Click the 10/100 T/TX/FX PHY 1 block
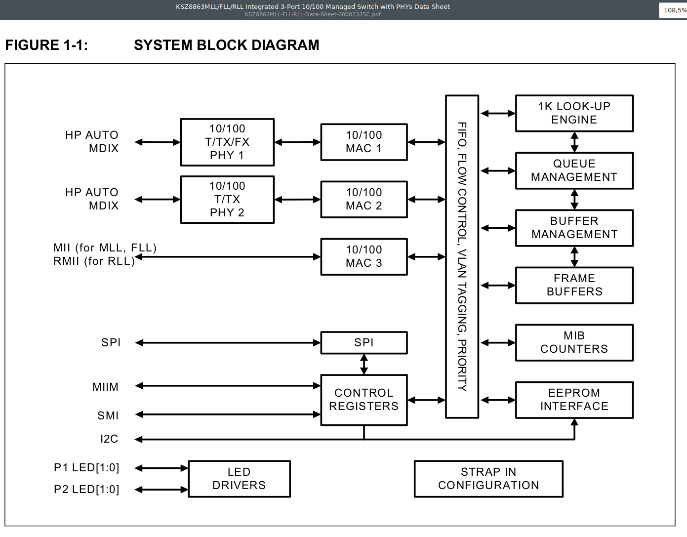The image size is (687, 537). coord(227,142)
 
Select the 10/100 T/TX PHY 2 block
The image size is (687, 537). coord(227,200)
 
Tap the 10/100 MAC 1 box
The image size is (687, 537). coord(364,142)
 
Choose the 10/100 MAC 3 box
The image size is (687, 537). coord(364,257)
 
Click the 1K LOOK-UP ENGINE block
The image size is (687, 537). coord(574,113)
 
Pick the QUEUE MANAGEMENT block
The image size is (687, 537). coord(574,170)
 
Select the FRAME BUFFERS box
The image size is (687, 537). coord(574,285)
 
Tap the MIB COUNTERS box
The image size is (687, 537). coord(574,342)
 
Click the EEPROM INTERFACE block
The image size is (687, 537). coord(574,400)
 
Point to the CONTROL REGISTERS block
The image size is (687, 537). coord(364,400)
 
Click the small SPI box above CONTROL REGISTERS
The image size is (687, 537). coord(364,342)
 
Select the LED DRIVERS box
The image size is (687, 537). coord(239,479)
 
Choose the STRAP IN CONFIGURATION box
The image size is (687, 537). coord(488,479)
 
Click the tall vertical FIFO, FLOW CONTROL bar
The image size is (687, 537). coord(462,256)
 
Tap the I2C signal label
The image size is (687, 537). coord(109,439)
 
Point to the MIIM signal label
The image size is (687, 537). coord(105,387)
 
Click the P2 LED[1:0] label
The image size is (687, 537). coord(86,489)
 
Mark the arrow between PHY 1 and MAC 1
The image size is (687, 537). coord(297,142)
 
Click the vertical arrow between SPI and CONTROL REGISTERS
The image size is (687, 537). coord(364,364)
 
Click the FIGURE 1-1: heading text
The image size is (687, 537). coord(46,45)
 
